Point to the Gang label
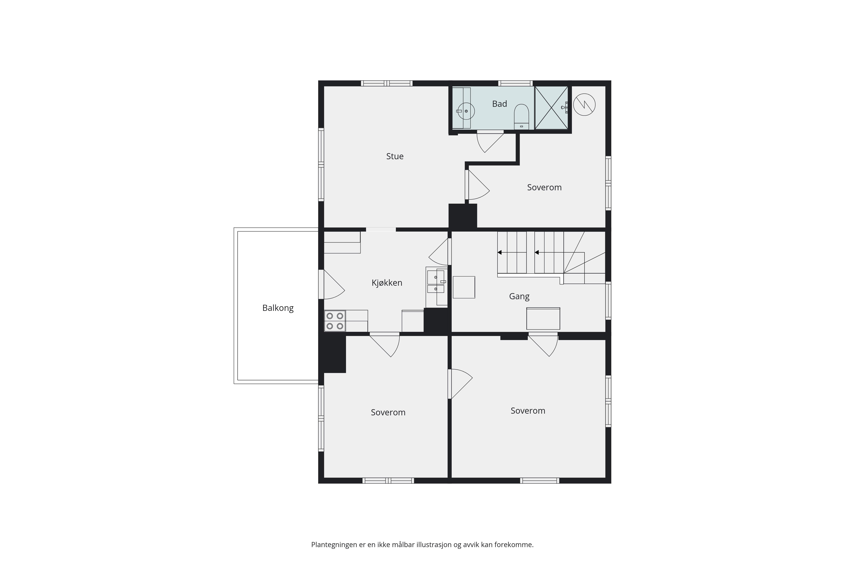[519, 296]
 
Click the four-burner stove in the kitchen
[335, 321]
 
